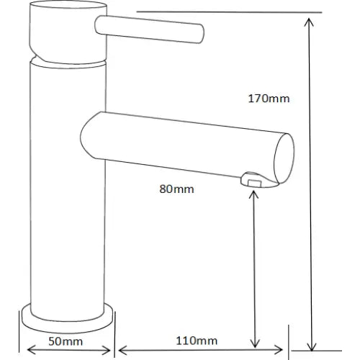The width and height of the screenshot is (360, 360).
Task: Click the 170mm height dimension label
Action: coord(269,99)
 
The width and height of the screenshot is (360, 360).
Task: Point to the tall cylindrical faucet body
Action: coord(66,180)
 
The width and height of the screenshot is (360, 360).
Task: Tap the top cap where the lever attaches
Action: coord(66,29)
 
